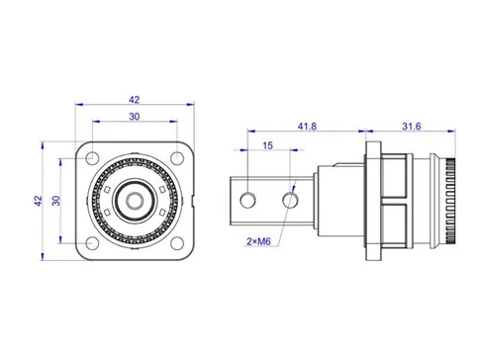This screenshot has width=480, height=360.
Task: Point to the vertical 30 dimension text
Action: (57, 201)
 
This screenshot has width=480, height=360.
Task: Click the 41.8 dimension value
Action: (310, 126)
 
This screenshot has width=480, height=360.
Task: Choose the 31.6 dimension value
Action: (412, 126)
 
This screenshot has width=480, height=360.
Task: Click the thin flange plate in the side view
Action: (373, 201)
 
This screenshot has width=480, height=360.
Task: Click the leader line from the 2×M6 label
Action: (281, 224)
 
